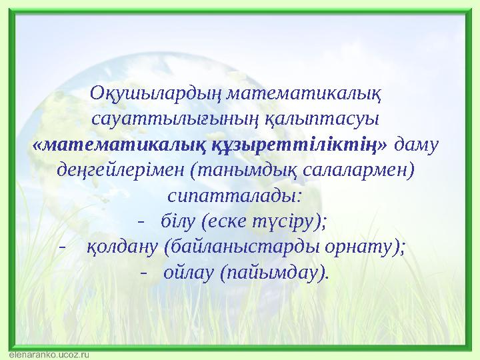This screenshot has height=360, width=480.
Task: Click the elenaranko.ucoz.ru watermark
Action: tap(49, 355)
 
